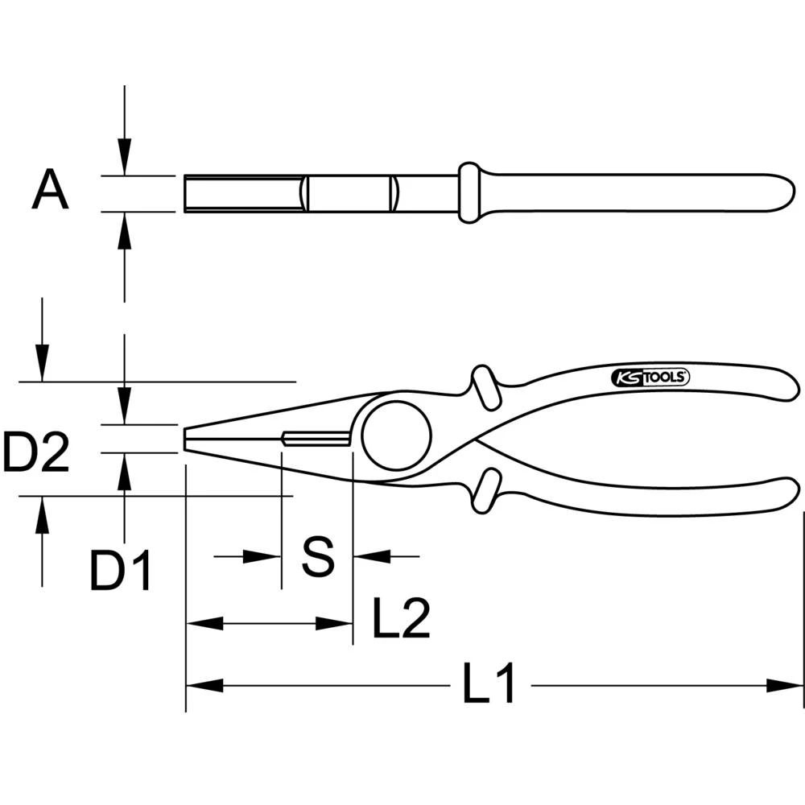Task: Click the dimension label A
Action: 50,192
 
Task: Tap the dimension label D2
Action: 35,452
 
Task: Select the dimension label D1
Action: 121,571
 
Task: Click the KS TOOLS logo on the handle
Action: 649,376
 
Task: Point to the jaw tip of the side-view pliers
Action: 188,439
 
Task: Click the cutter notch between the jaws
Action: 316,438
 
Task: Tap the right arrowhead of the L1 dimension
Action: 785,686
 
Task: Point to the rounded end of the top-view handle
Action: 785,193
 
